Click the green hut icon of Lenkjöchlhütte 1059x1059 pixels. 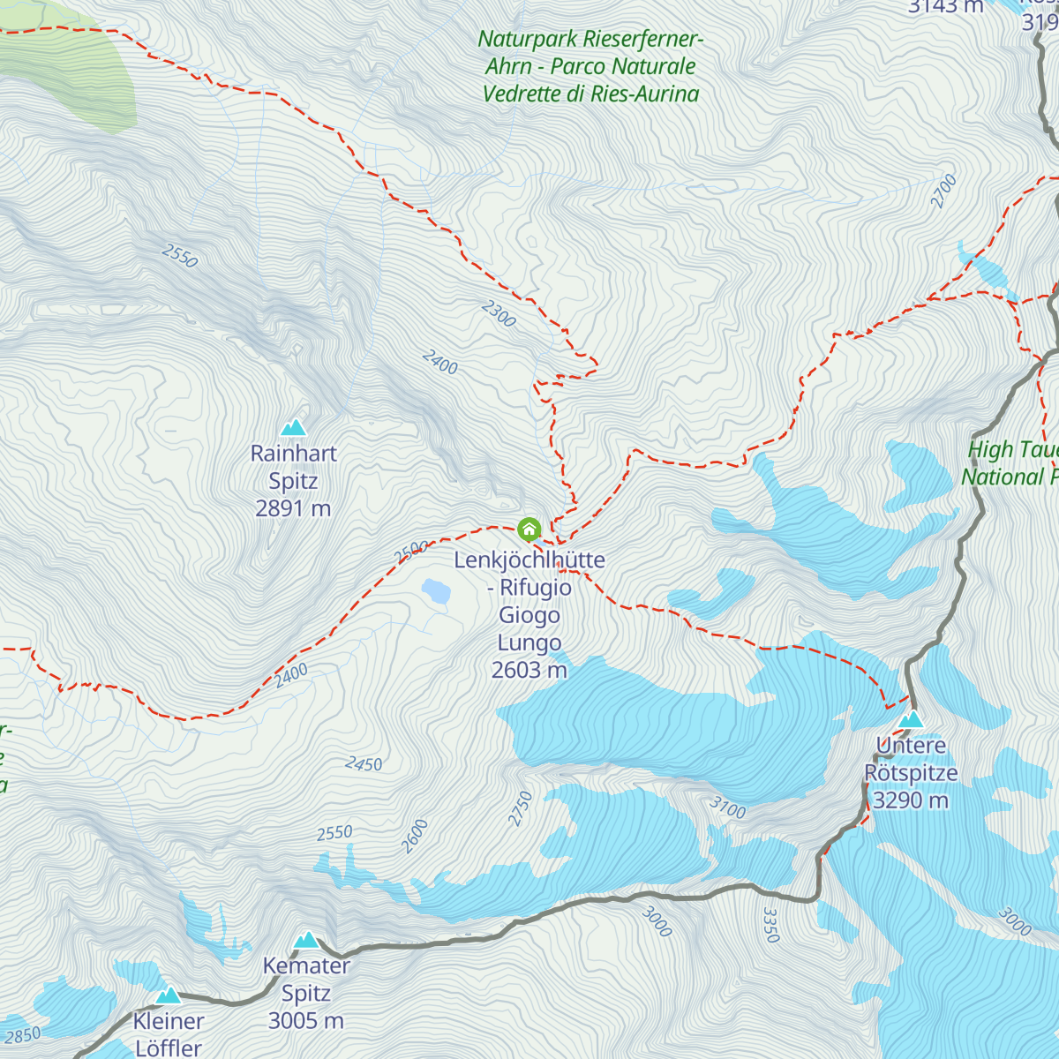[x=529, y=529]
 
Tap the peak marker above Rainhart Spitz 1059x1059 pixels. [x=293, y=428]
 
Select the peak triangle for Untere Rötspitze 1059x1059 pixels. [x=911, y=720]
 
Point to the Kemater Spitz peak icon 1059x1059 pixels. [x=306, y=940]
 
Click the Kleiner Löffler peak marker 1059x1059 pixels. [x=169, y=995]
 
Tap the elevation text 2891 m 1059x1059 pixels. [x=293, y=508]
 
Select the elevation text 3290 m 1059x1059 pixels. [x=911, y=800]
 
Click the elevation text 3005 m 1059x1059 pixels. [x=306, y=1021]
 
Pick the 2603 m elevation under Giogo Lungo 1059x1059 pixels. [x=529, y=670]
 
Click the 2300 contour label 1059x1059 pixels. [x=499, y=313]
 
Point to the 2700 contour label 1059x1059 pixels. [x=943, y=192]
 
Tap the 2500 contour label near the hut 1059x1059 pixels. [x=411, y=552]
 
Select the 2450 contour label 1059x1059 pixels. [x=364, y=763]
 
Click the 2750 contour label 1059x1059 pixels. [x=521, y=808]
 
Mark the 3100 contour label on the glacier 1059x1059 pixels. [x=727, y=807]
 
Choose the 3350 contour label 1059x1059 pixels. [x=770, y=925]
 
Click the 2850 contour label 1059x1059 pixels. [x=22, y=1035]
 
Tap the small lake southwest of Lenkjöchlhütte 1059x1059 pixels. [x=436, y=590]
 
